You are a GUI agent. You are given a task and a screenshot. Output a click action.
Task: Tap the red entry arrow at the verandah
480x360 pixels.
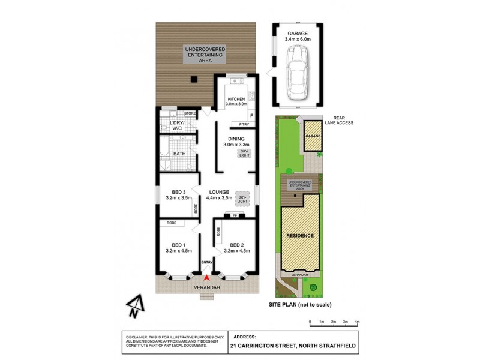pos(207,277)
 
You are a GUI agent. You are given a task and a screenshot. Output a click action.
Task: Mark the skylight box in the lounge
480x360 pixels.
pos(242,197)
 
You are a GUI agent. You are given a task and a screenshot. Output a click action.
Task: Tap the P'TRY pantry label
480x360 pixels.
pos(245,124)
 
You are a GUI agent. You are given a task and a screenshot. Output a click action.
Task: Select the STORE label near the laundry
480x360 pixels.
pos(190,113)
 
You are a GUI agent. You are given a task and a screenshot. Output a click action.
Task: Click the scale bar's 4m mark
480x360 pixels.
pos(357,322)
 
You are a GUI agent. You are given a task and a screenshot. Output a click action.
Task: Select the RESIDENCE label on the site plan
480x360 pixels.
pos(299,236)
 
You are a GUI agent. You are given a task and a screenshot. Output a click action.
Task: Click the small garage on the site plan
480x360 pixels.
pos(311,136)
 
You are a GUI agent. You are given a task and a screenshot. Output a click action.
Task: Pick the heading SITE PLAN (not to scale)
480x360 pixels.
pos(300,305)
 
